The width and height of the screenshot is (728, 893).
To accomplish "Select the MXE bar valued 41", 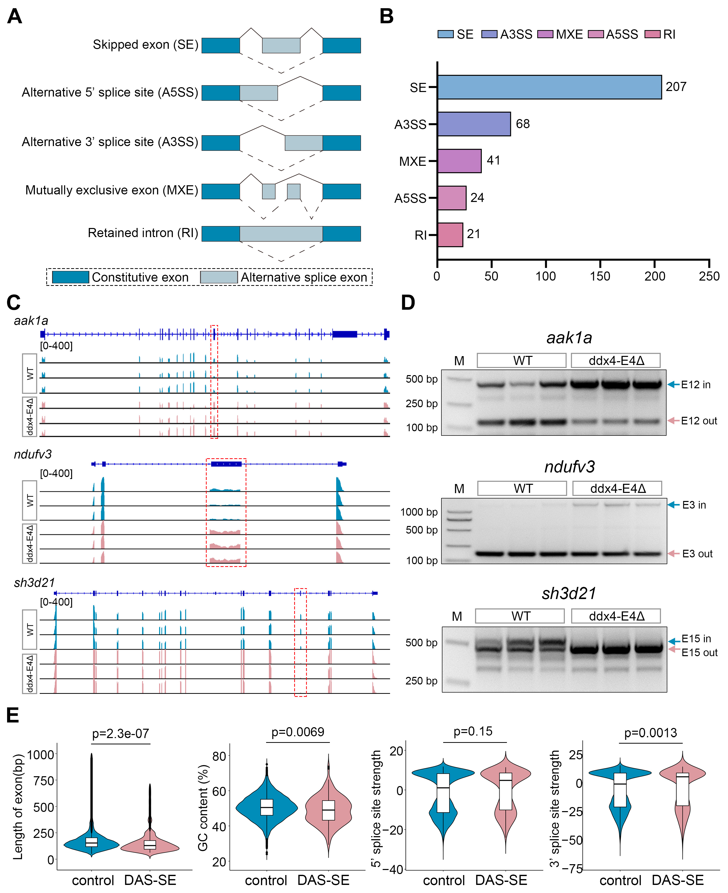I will point(459,161).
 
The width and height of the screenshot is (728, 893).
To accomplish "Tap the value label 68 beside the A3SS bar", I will point(523,124).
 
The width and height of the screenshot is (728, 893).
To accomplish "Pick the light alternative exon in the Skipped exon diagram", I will point(281,45).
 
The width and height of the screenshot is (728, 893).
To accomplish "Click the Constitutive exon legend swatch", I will point(71,277).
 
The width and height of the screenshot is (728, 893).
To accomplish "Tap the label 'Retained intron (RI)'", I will point(143,233).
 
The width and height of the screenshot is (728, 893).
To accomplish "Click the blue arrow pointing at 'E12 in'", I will point(673,384).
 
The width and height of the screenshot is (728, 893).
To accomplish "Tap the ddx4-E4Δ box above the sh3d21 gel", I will point(616,616).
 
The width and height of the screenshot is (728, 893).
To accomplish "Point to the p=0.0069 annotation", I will point(298,732).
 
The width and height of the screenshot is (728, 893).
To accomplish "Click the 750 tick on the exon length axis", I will point(43,781).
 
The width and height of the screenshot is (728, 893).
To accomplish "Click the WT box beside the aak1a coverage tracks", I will point(29,373).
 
